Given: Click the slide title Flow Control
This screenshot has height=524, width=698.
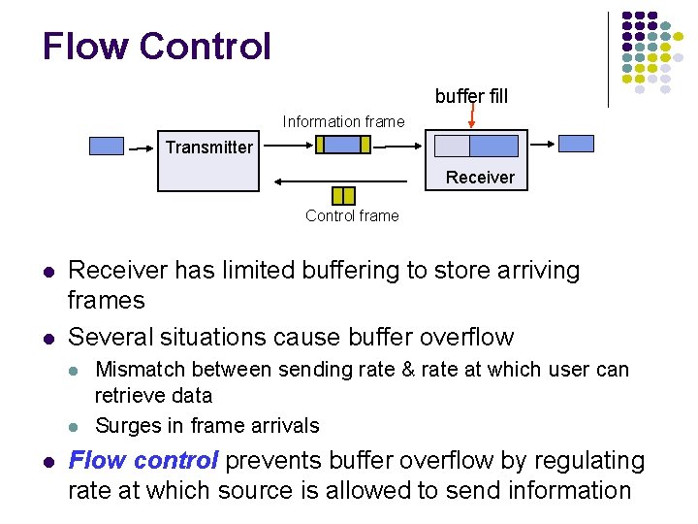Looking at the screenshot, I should pyautogui.click(x=156, y=46).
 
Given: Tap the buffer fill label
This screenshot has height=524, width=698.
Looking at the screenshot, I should pyautogui.click(x=471, y=96).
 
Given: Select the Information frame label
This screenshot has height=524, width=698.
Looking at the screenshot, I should pyautogui.click(x=343, y=121).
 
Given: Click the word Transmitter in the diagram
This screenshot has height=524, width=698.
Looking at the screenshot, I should pyautogui.click(x=208, y=147).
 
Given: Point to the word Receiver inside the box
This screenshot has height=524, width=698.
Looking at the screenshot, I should pyautogui.click(x=480, y=178).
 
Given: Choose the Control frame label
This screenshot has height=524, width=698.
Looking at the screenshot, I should pyautogui.click(x=352, y=215).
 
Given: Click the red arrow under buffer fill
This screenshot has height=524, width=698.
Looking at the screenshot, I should pyautogui.click(x=472, y=117).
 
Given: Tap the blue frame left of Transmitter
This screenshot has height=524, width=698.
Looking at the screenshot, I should pyautogui.click(x=107, y=146).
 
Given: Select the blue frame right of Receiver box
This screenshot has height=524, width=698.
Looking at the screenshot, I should pyautogui.click(x=576, y=144).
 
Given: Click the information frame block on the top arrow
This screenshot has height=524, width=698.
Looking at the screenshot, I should pyautogui.click(x=343, y=145).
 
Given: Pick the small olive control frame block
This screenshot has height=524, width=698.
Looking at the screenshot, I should pyautogui.click(x=343, y=195).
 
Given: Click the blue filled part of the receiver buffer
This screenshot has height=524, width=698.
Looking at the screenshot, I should pyautogui.click(x=493, y=147).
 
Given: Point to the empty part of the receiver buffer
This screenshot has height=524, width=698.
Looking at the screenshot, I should pyautogui.click(x=452, y=147).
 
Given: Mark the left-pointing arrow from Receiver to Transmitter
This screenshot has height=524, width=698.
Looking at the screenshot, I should pyautogui.click(x=349, y=180).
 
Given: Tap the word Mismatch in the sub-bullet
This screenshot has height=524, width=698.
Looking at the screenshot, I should pyautogui.click(x=135, y=370).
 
